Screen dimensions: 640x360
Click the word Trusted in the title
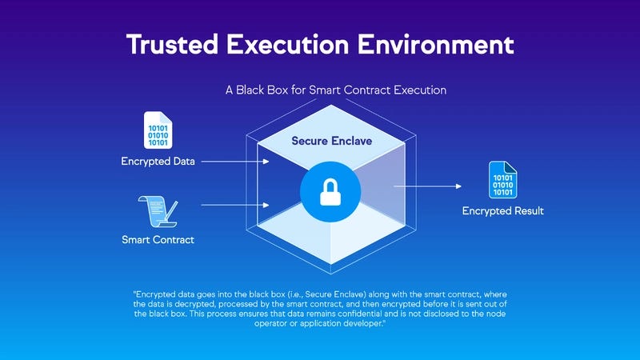tap(173, 44)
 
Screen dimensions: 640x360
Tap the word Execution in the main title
tap(288, 44)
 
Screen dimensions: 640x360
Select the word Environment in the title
tap(435, 44)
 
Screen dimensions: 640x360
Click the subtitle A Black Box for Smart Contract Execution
tap(336, 90)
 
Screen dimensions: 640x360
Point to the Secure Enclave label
tap(331, 142)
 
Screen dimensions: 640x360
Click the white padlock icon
tap(330, 192)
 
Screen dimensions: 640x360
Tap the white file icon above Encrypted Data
tap(158, 130)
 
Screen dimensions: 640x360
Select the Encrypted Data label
tap(158, 162)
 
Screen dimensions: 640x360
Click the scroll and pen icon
tap(158, 211)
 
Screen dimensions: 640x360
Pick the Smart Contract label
tap(158, 239)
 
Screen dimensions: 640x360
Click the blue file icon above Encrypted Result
tap(503, 179)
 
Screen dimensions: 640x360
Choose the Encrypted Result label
tap(503, 211)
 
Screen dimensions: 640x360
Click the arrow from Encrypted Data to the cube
tap(235, 162)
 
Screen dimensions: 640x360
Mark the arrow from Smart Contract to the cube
tap(235, 205)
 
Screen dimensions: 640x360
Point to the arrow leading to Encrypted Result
tap(427, 186)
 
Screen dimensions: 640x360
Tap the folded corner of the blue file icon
tap(511, 167)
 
